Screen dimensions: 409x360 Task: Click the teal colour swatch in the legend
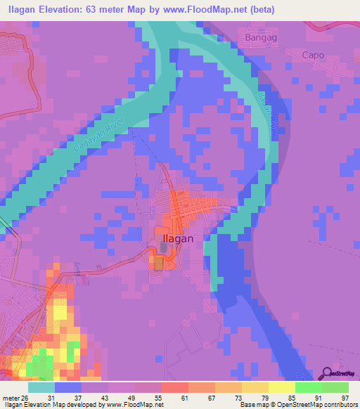(x=41, y=387)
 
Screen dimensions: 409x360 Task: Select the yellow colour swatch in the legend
(x=282, y=387)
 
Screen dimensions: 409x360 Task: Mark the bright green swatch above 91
(x=309, y=387)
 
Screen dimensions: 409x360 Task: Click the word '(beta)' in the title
(x=262, y=10)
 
